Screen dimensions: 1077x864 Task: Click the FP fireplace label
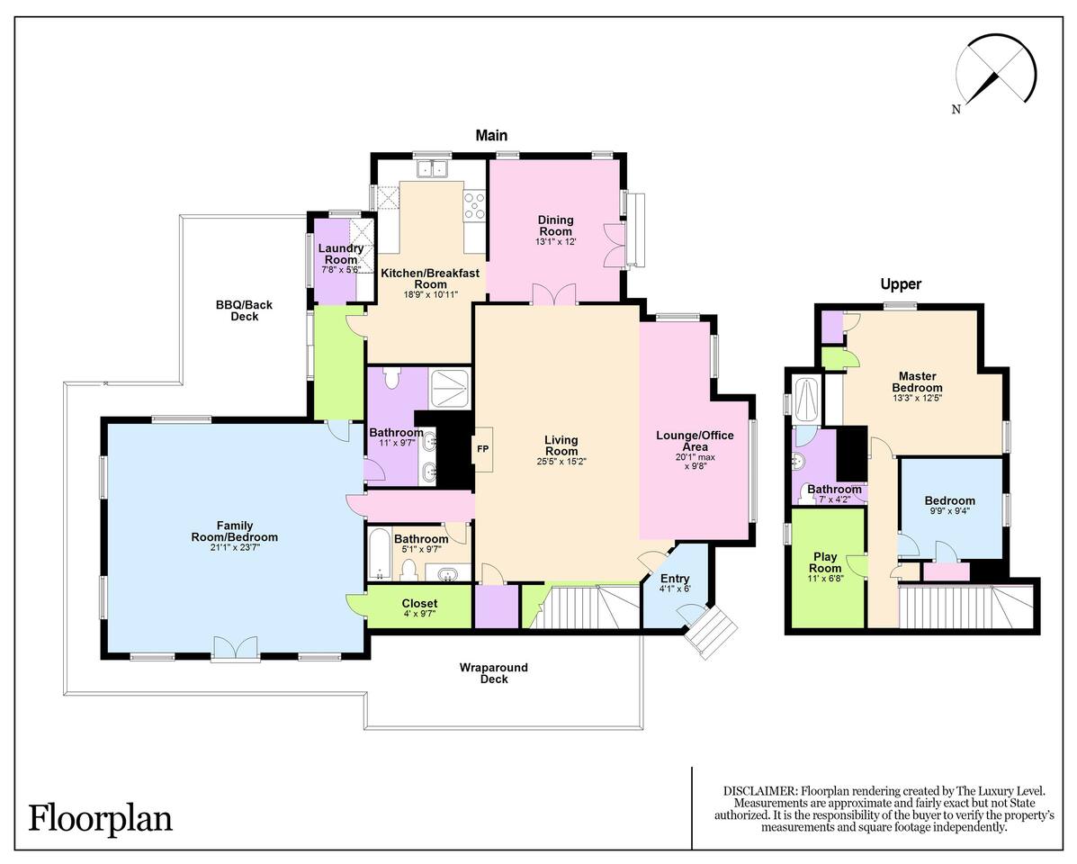click(483, 449)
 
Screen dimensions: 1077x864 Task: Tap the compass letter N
click(956, 109)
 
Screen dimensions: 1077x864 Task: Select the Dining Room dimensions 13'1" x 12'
click(556, 242)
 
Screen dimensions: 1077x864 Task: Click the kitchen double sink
click(431, 167)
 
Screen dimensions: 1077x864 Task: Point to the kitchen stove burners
click(474, 205)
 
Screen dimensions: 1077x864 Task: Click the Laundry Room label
click(341, 254)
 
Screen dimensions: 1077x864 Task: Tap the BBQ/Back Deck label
click(245, 310)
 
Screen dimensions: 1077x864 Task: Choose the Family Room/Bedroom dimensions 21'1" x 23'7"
click(235, 547)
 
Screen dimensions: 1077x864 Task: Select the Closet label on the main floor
click(419, 603)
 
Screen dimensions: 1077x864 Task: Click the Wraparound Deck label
click(494, 673)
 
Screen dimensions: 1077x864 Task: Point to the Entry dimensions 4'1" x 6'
click(675, 589)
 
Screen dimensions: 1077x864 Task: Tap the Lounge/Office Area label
click(696, 441)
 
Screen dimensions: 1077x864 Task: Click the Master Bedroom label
click(918, 382)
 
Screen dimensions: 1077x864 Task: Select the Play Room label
click(825, 562)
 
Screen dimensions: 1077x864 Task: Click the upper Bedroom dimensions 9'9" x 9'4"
click(950, 511)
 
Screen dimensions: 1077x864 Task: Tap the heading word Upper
click(901, 283)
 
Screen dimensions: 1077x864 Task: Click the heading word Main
click(492, 135)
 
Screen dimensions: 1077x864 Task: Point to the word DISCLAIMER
click(760, 791)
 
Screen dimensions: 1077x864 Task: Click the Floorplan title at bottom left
click(100, 819)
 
